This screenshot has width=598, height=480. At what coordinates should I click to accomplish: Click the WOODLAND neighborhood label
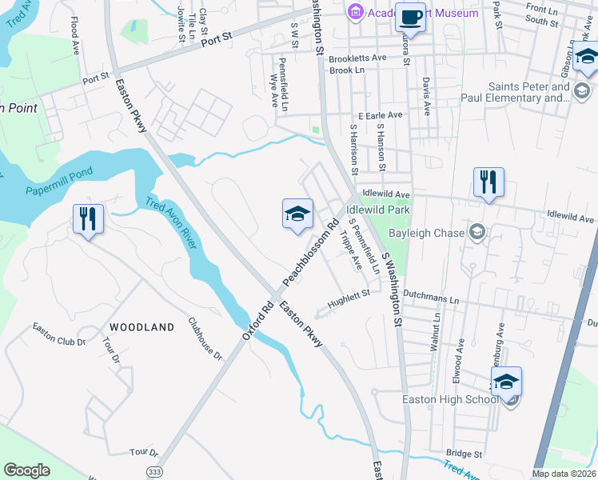coord(142,327)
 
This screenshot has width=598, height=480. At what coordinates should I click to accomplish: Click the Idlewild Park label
coord(378,210)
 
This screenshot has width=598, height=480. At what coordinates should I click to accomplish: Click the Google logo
coord(27,470)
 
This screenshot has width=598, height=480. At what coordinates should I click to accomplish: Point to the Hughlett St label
coord(349,297)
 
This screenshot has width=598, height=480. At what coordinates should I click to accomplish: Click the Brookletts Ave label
coord(357,58)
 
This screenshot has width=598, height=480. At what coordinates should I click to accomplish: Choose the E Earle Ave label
coord(380,115)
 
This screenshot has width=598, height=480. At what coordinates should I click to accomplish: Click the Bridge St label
coord(465,453)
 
